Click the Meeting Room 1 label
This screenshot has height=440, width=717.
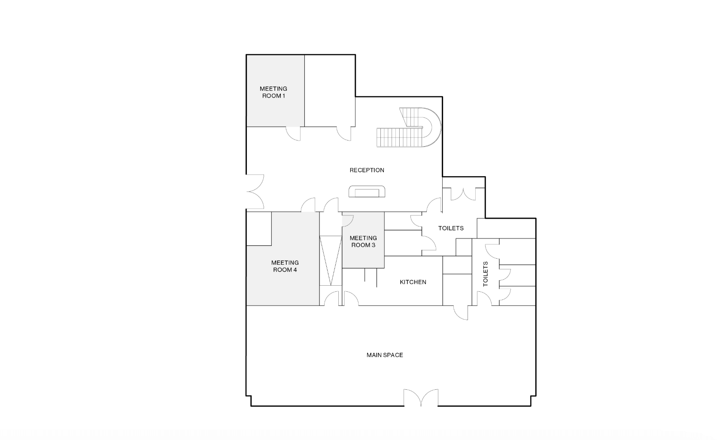point(273,92)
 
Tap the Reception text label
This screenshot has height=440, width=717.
point(367,170)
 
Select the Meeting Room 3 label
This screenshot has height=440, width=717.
point(363,241)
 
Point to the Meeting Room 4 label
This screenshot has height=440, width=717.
point(285,266)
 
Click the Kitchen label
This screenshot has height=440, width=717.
point(413,282)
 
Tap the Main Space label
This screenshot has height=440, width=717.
point(385,355)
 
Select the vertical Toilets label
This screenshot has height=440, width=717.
point(486,274)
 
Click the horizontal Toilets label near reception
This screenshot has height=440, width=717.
point(451,228)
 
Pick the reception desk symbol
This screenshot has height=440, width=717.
point(367,192)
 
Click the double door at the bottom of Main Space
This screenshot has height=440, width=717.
point(421,398)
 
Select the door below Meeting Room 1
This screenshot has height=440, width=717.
point(294,134)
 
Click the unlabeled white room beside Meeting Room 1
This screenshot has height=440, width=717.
point(329,90)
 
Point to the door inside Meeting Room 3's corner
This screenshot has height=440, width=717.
point(347,220)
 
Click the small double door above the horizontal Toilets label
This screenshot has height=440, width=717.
point(463,195)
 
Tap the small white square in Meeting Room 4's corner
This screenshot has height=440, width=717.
point(258,229)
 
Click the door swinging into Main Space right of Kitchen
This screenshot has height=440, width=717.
point(461,312)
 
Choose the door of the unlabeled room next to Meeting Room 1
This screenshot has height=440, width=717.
point(344,134)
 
